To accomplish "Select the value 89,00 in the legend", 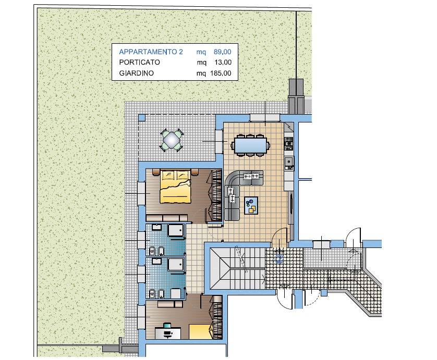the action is pyautogui.click(x=222, y=52).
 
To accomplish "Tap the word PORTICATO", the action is pyautogui.click(x=139, y=62).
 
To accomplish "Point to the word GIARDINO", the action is pyautogui.click(x=136, y=73).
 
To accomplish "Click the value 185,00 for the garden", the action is pyautogui.click(x=221, y=73).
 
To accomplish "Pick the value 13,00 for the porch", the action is pyautogui.click(x=223, y=63).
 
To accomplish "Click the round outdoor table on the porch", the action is pyautogui.click(x=172, y=140).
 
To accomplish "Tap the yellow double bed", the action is pyautogui.click(x=176, y=187).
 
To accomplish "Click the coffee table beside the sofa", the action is pyautogui.click(x=251, y=205).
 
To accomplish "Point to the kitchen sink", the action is pyautogui.click(x=289, y=162).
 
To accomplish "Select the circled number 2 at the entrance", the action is pyautogui.click(x=280, y=259).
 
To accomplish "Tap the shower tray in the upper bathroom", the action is pyautogui.click(x=176, y=231).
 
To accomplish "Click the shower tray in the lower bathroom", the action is pyautogui.click(x=176, y=264).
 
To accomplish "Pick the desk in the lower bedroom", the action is pyautogui.click(x=168, y=333).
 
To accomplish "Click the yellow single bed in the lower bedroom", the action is pyautogui.click(x=200, y=331).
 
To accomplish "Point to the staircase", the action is pyautogui.click(x=237, y=269).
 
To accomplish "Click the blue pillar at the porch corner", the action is pyautogui.click(x=142, y=118).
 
